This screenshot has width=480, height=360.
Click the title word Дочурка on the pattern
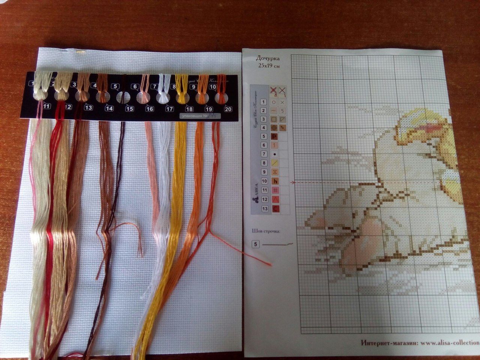[268, 58]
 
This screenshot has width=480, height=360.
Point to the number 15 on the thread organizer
[129, 109]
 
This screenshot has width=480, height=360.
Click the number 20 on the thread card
[228, 109]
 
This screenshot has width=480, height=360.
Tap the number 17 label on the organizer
[169, 109]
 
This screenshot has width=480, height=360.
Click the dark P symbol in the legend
[274, 136]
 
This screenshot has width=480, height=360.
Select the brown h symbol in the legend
[274, 181]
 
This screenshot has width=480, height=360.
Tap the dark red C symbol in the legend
[274, 208]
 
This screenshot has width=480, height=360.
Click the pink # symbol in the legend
[274, 190]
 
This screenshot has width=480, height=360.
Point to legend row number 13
[264, 208]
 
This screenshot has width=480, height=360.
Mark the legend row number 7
[264, 154]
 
